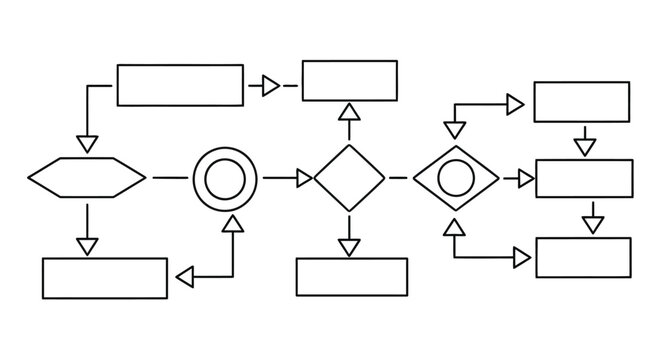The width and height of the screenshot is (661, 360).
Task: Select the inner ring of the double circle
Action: pyautogui.click(x=225, y=179)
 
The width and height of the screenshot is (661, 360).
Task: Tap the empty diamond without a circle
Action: pyautogui.click(x=349, y=178)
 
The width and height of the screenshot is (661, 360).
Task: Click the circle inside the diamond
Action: pyautogui.click(x=456, y=178)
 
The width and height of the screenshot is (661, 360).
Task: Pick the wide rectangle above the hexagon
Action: pyautogui.click(x=180, y=85)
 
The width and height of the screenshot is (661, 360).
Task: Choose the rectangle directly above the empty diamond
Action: pyautogui.click(x=349, y=81)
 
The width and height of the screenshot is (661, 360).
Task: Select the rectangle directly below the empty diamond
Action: pyautogui.click(x=351, y=277)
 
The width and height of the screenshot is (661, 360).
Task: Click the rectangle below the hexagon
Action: pyautogui.click(x=105, y=278)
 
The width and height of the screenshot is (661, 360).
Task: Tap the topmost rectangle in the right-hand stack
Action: pyautogui.click(x=582, y=101)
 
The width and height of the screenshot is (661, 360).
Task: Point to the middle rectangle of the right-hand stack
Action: pyautogui.click(x=584, y=178)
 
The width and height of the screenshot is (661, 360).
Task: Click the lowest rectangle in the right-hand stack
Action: pyautogui.click(x=583, y=257)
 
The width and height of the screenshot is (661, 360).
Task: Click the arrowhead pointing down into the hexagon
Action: pyautogui.click(x=87, y=143)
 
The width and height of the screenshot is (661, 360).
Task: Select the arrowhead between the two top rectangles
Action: pyautogui.click(x=270, y=86)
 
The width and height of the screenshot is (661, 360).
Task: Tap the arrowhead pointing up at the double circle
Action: pyautogui.click(x=232, y=226)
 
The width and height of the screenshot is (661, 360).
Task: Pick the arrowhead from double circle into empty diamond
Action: pyautogui.click(x=303, y=178)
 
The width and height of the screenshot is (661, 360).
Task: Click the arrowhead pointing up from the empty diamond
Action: pyautogui.click(x=348, y=113)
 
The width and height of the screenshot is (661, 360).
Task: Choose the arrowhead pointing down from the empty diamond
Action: pyautogui.click(x=349, y=246)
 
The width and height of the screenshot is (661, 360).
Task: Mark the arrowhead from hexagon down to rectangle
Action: pyautogui.click(x=87, y=244)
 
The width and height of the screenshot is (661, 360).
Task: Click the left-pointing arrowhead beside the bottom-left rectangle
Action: pyautogui.click(x=185, y=275)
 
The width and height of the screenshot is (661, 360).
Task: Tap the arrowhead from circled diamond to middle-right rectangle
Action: pyautogui.click(x=525, y=178)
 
